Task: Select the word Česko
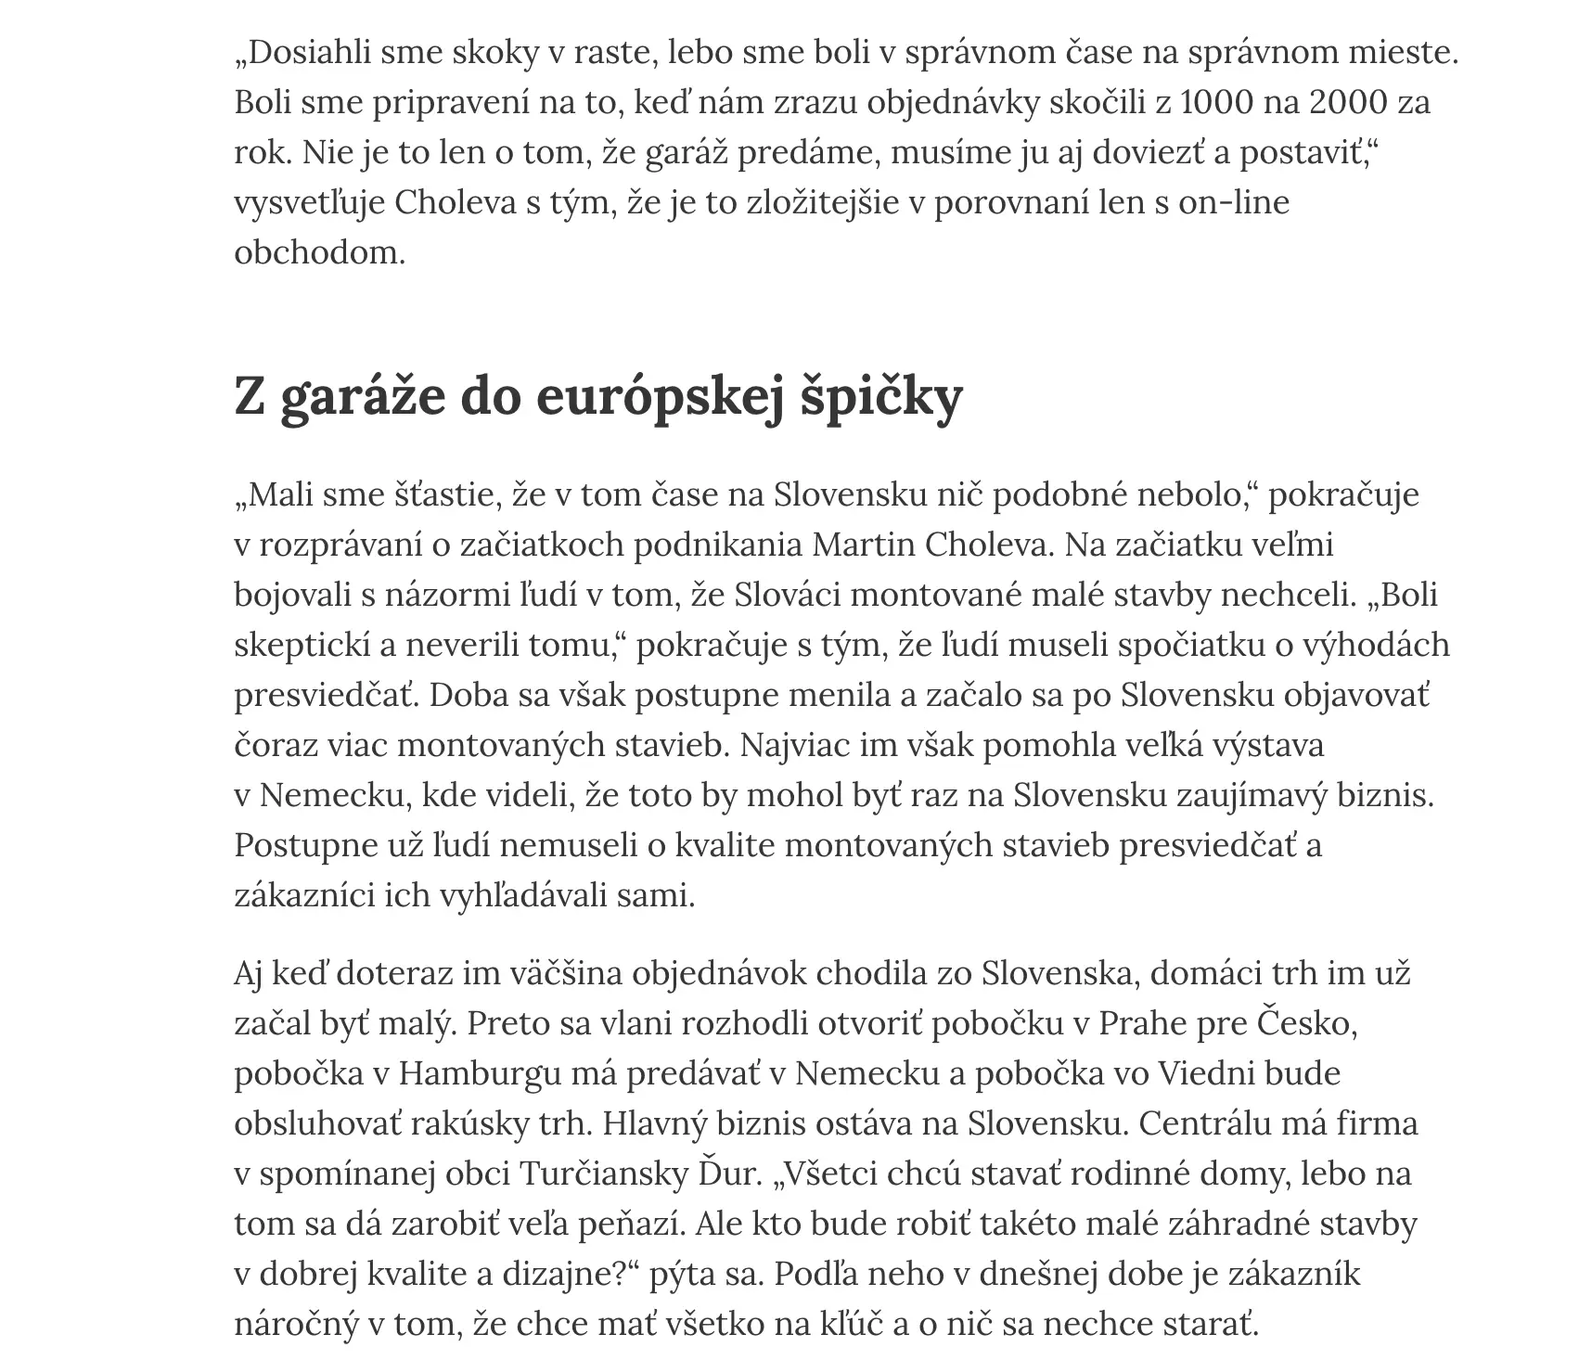(1306, 1023)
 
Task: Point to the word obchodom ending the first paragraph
(319, 252)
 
